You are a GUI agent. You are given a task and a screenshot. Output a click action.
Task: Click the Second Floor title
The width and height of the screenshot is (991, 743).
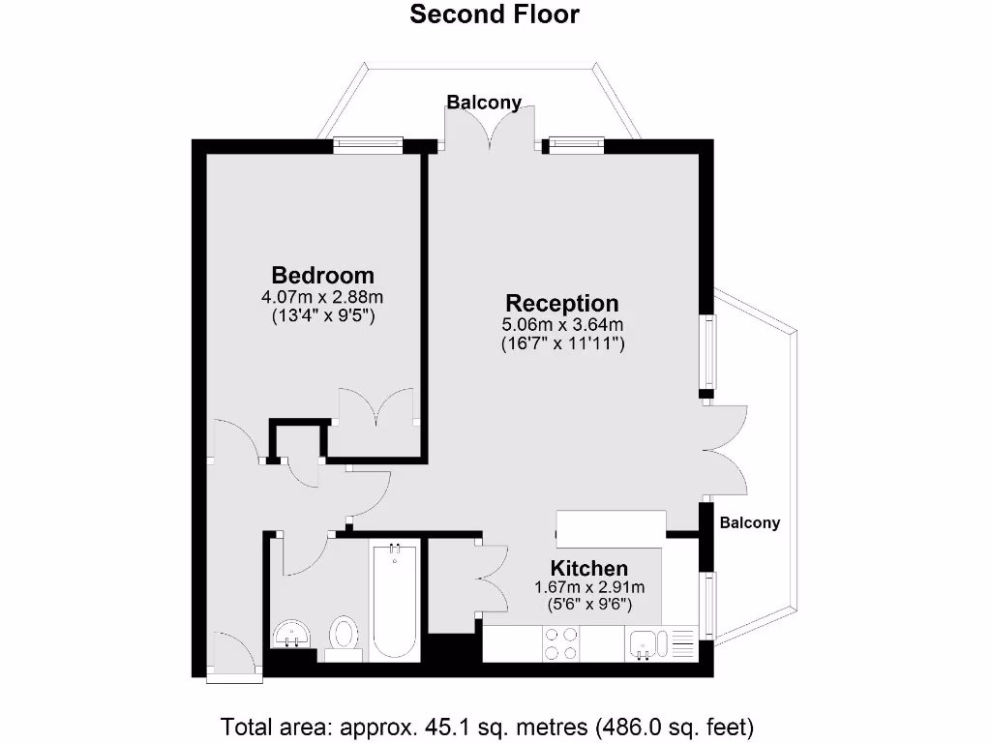[495, 15]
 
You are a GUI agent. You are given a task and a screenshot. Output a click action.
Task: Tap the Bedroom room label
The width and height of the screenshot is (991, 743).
[322, 275]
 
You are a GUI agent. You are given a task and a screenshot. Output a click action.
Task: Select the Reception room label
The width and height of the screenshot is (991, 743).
[561, 303]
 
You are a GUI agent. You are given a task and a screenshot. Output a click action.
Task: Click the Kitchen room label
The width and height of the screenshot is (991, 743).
[589, 568]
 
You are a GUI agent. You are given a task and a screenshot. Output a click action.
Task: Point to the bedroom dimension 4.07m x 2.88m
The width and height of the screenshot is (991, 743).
[322, 297]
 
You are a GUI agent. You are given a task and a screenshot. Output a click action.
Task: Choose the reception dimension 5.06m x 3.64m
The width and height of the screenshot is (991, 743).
[562, 324]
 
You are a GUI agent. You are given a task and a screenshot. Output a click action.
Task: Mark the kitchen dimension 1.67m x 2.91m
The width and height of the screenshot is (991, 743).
[589, 586]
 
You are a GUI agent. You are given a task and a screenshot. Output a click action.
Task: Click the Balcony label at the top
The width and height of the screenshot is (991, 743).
[484, 102]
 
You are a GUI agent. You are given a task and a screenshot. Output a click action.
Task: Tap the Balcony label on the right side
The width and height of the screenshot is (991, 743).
[749, 522]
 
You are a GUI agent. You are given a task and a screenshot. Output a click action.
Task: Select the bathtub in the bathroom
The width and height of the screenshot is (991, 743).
[394, 600]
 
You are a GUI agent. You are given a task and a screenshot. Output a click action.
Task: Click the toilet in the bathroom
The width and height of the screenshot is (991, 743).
[342, 637]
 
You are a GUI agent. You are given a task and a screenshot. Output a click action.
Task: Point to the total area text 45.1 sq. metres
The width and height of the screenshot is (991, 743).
[488, 726]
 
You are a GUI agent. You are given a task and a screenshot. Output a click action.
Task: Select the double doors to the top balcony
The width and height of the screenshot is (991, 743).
[489, 131]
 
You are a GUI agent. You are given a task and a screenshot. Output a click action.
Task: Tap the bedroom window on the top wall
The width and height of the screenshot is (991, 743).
[368, 145]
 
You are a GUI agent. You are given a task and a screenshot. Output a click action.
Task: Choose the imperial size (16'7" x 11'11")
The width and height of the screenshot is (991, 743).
[562, 342]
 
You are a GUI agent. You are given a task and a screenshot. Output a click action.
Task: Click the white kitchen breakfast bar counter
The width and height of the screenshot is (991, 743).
[611, 527]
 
